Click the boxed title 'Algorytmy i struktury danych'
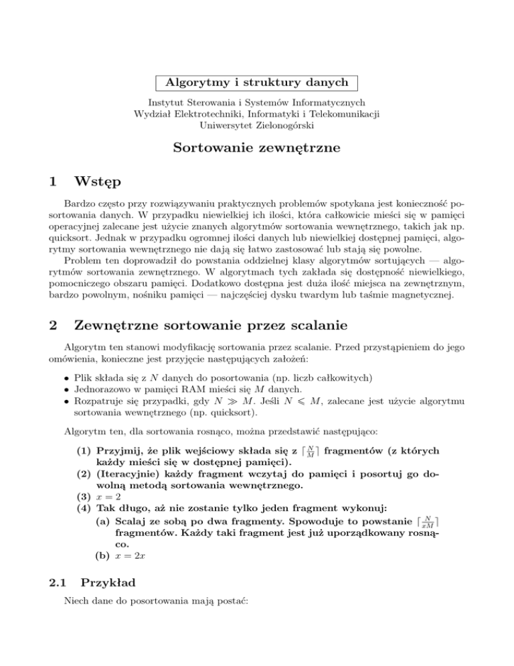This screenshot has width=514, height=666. point(257,83)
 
